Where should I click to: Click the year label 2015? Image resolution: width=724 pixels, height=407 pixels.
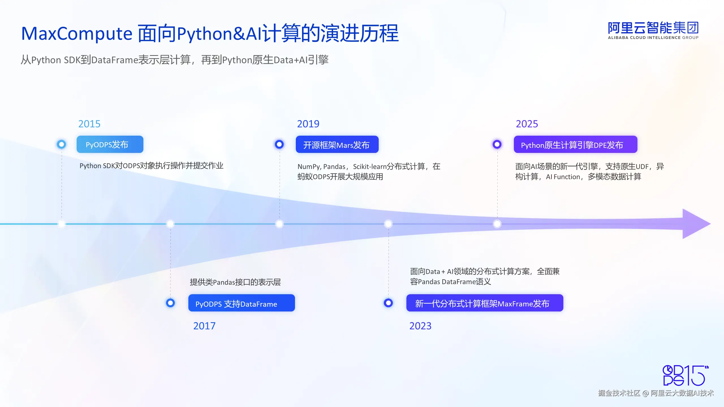tap(89, 124)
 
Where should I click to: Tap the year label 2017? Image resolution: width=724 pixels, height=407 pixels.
tap(204, 326)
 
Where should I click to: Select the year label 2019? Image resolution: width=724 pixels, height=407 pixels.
tap(308, 124)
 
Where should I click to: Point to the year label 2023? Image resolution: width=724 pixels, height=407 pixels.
tap(420, 326)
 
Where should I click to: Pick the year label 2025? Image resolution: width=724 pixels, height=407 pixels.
tap(527, 124)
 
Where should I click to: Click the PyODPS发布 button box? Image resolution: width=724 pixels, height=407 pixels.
tap(110, 144)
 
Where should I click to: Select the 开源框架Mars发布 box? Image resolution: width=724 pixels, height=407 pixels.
tap(337, 144)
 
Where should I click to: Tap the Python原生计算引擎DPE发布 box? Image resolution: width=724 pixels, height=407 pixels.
tap(576, 144)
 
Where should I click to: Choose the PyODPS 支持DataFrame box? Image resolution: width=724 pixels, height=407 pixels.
tap(242, 303)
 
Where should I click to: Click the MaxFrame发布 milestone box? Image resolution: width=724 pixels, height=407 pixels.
tap(485, 303)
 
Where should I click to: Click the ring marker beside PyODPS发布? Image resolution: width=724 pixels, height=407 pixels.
tap(61, 144)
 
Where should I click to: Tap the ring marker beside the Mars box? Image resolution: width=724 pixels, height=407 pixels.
tap(279, 144)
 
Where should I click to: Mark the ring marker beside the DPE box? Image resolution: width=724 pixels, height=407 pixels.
tap(497, 144)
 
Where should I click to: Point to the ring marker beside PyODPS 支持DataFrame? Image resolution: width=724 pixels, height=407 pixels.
tap(170, 303)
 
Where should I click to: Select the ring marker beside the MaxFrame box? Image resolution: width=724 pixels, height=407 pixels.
tap(388, 303)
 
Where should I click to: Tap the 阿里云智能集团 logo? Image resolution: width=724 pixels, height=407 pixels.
tap(653, 30)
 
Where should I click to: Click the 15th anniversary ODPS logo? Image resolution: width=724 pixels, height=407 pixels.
tap(686, 375)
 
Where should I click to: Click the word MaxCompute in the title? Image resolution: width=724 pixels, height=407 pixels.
tap(77, 34)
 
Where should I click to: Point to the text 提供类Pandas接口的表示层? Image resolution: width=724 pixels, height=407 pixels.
tap(235, 282)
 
